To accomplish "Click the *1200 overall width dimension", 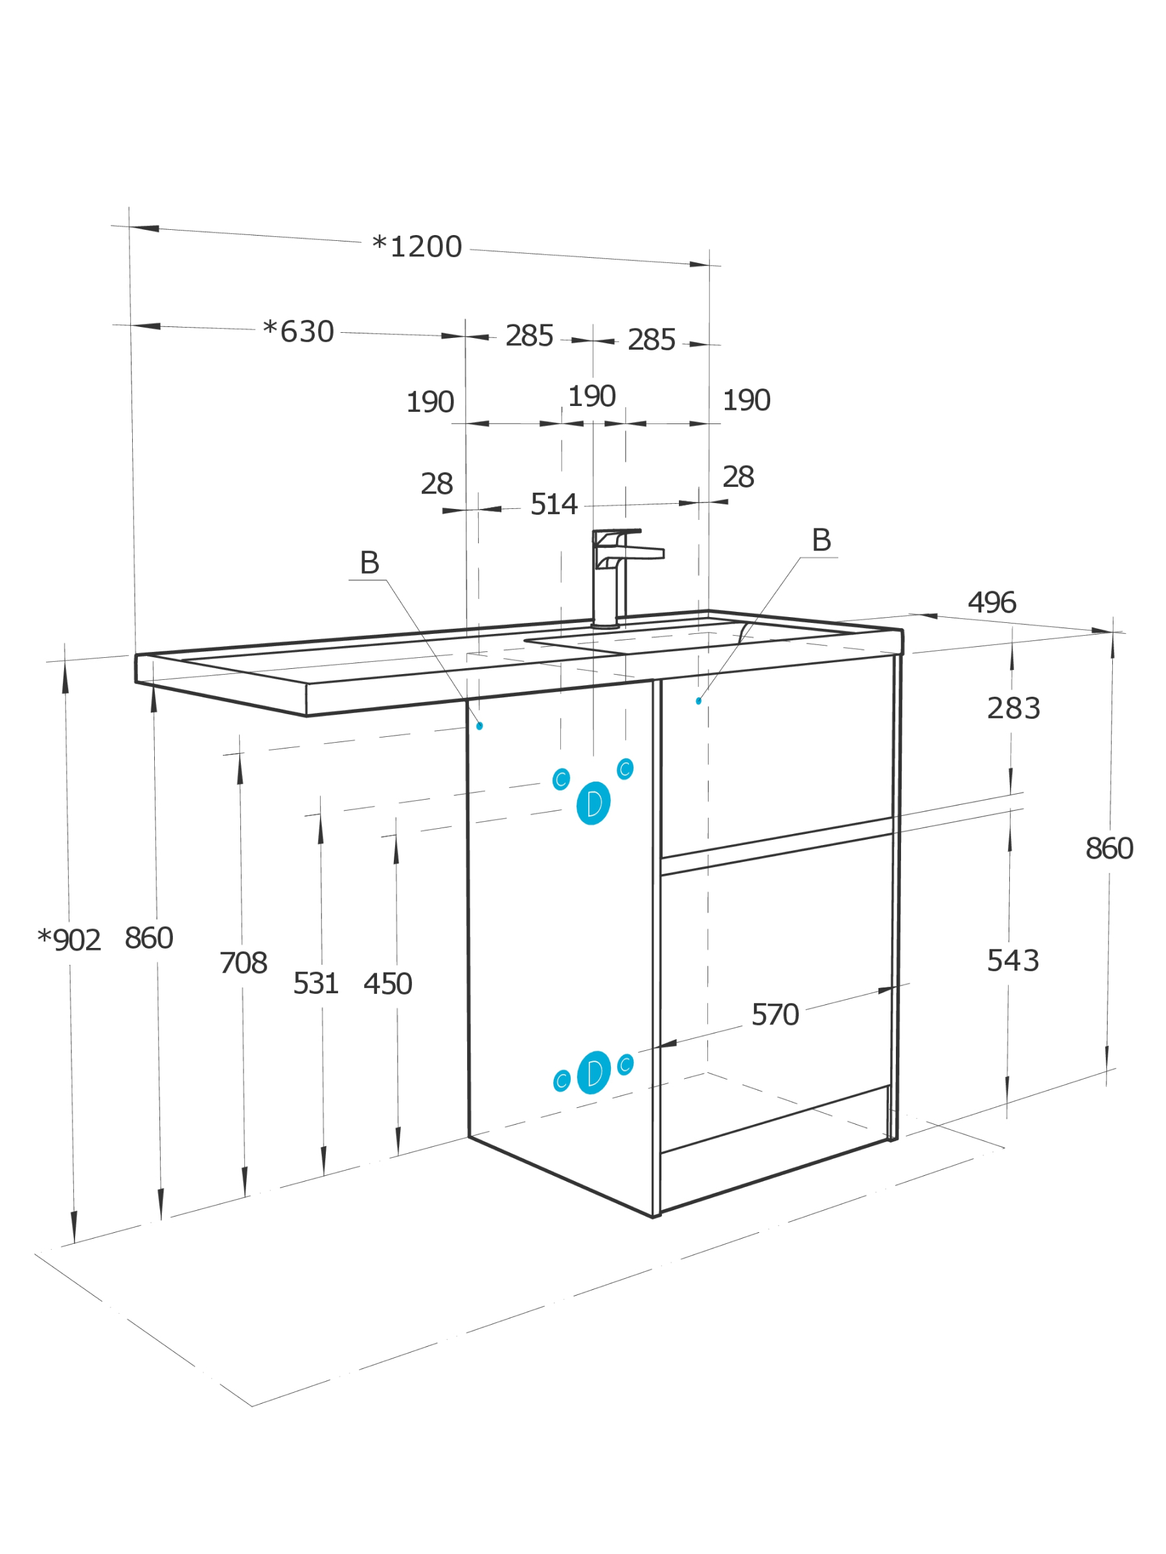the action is (417, 247).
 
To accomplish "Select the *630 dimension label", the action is (298, 332).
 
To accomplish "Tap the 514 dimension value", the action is (554, 504).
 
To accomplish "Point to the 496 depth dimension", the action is (992, 602).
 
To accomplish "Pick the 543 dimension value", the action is (1012, 960).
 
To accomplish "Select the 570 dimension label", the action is (775, 1015).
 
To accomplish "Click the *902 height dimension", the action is (69, 940).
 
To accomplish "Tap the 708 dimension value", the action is (243, 962).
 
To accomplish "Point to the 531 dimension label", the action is (315, 984).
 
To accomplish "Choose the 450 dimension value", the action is (387, 984).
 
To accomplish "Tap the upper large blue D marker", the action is (593, 803).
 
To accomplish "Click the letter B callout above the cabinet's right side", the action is (821, 540).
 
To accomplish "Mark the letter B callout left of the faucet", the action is (369, 563).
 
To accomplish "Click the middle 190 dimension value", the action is (592, 396).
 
